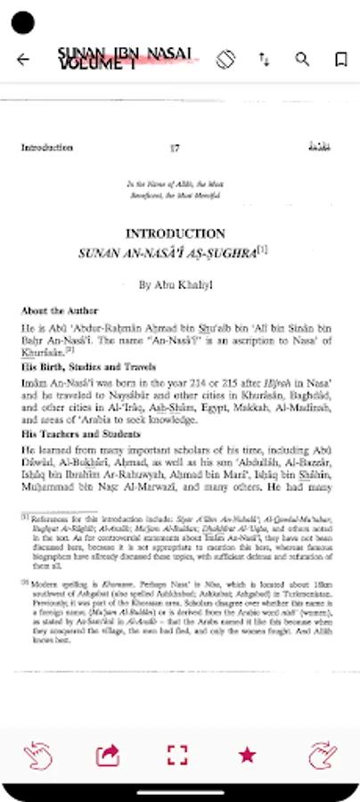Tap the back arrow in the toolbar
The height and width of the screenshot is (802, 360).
pyautogui.click(x=23, y=60)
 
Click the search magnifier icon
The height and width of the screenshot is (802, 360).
pyautogui.click(x=303, y=60)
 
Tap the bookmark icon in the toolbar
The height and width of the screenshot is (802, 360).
pyautogui.click(x=340, y=60)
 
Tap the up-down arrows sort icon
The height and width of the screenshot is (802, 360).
pyautogui.click(x=265, y=60)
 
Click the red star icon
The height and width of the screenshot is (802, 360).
pyautogui.click(x=247, y=755)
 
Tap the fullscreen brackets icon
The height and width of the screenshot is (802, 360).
pyautogui.click(x=177, y=755)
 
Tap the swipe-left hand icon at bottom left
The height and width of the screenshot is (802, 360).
pyautogui.click(x=36, y=755)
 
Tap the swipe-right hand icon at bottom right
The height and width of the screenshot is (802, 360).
pyautogui.click(x=323, y=755)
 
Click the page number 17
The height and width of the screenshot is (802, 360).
pyautogui.click(x=175, y=148)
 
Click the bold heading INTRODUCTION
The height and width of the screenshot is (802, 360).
pyautogui.click(x=175, y=233)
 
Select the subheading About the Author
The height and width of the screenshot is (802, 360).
pyautogui.click(x=54, y=311)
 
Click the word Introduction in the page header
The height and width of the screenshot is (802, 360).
pyautogui.click(x=46, y=148)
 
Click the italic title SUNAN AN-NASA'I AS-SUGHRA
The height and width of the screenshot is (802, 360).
pyautogui.click(x=168, y=253)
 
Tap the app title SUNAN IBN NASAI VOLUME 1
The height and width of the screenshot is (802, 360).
pyautogui.click(x=123, y=59)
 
